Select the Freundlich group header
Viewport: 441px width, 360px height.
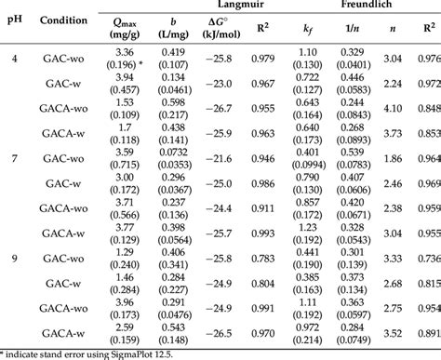click(x=376, y=7)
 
